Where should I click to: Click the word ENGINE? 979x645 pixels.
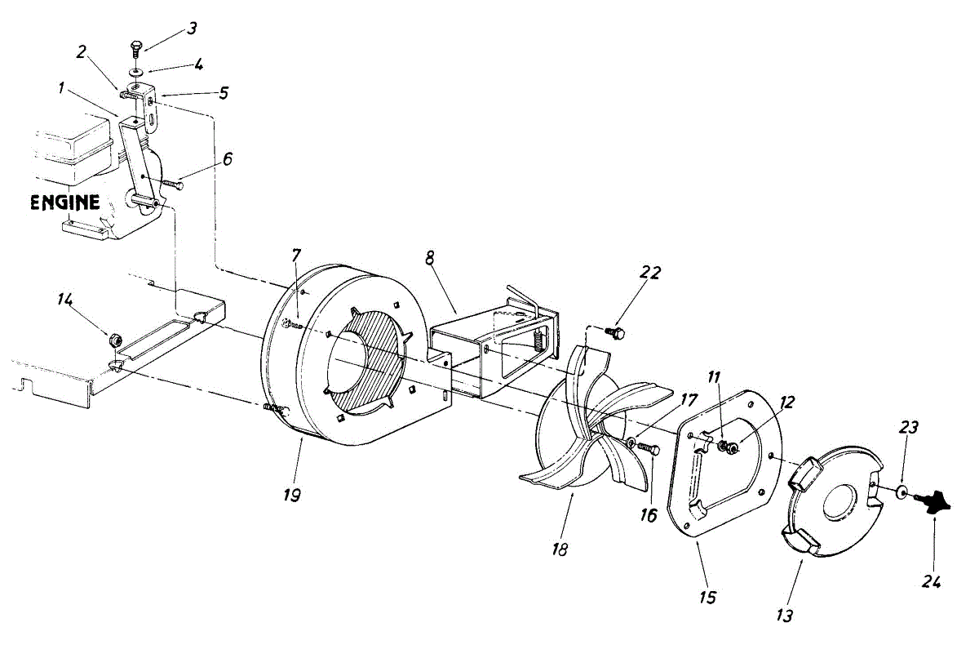coord(65,202)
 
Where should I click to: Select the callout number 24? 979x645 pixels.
coord(932,581)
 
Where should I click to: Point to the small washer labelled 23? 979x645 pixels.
coord(901,492)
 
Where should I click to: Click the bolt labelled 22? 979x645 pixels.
coord(618,333)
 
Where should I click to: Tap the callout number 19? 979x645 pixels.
coord(291,496)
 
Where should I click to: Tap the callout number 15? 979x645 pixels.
coord(707,598)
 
